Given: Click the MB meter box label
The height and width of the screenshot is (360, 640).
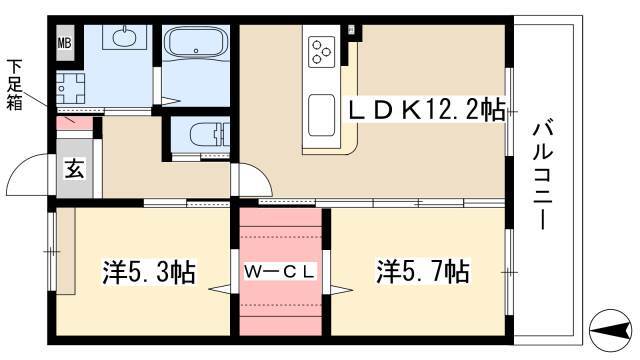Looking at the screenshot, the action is pos(64,43).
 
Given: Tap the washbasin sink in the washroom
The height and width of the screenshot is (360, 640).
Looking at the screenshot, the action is pos(124,38).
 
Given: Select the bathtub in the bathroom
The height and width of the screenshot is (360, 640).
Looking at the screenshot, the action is pos(196,44).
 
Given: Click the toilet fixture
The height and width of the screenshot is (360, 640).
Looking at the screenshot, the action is pos(209,133).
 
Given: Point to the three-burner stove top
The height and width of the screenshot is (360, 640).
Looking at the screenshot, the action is pos(321,52).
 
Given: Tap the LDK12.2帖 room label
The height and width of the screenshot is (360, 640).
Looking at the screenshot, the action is pos(426,110).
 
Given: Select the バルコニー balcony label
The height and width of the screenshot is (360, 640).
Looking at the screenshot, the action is pos(543,176).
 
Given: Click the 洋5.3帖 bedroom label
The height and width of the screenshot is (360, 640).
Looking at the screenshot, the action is pos(149,272).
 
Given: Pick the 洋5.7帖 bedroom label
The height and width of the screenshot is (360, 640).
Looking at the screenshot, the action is pos(422,271).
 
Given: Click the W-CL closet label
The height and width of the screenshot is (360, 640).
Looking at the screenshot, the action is pos(280,271).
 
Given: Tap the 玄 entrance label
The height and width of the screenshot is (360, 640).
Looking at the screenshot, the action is pos(75,169).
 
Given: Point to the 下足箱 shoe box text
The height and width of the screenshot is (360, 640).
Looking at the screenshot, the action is pos(15,85).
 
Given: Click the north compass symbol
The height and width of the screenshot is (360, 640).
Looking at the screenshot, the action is pos(611,330).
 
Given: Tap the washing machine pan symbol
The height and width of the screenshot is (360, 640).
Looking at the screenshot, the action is pos(70,88).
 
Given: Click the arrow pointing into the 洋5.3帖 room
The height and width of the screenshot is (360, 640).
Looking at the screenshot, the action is pos(220,289).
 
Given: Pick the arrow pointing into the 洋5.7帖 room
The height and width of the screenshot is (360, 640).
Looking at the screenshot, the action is pos(342,290).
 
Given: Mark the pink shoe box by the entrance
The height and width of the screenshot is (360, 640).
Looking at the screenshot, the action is pos(74,123).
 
